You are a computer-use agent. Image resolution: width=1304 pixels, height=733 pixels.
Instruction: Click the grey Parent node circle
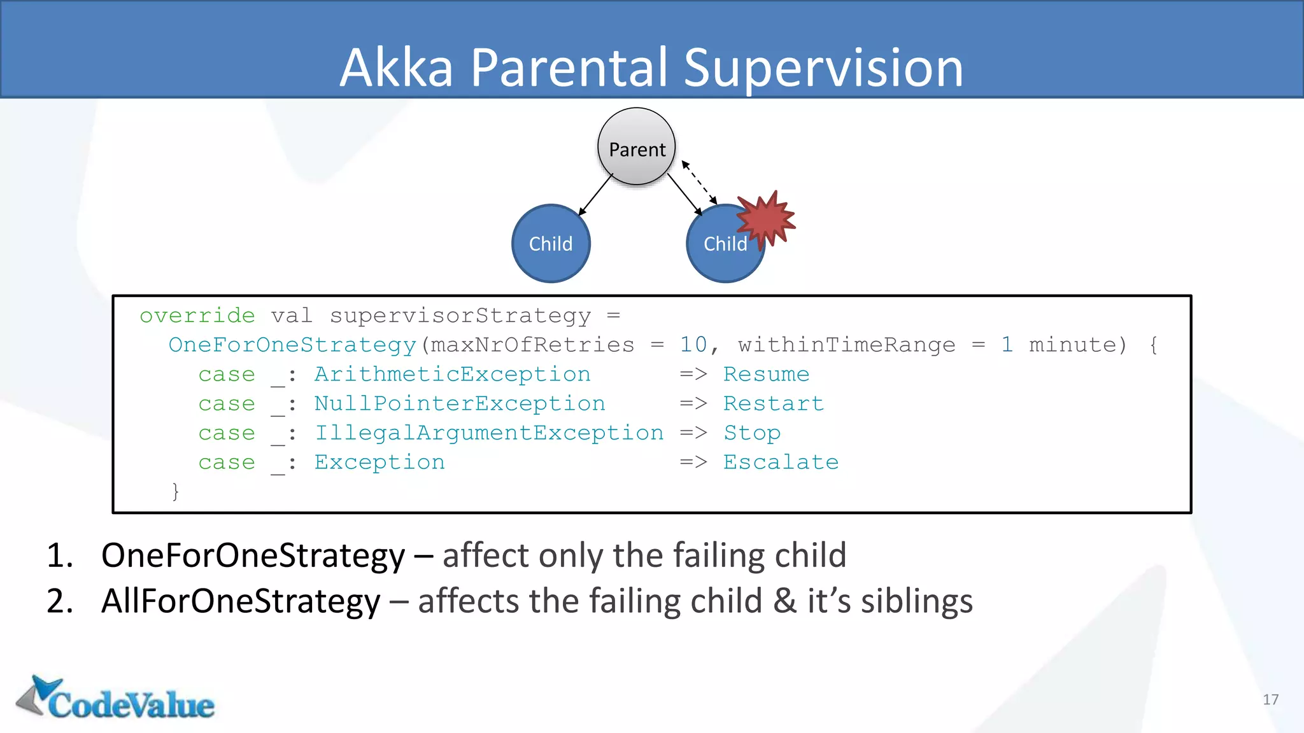(x=636, y=146)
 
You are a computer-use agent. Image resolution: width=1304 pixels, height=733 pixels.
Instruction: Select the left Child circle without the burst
(x=551, y=244)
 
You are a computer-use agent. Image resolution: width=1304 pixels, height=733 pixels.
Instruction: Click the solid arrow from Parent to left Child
(x=595, y=195)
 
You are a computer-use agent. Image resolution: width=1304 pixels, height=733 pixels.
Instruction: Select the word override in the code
(x=197, y=316)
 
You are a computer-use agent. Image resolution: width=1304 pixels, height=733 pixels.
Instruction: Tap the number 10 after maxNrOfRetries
(x=693, y=345)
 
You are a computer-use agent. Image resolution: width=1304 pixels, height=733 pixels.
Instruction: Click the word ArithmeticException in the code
(x=452, y=374)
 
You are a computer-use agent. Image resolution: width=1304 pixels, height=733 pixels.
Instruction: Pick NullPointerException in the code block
(x=459, y=403)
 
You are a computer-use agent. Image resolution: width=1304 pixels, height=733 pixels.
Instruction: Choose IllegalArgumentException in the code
(x=488, y=433)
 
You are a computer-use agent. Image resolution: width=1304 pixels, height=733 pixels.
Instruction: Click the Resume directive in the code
(x=766, y=374)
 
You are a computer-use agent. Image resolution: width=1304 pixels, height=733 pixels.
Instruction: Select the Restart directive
(x=773, y=403)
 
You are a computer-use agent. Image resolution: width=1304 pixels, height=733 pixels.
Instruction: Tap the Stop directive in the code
(x=751, y=433)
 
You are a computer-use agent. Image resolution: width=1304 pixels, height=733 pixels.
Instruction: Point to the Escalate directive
(x=781, y=462)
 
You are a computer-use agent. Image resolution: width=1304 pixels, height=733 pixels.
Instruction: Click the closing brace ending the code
(x=175, y=491)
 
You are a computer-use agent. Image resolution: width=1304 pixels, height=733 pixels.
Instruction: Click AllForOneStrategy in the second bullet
(x=241, y=601)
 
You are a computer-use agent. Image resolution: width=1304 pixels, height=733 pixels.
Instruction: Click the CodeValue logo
(x=116, y=699)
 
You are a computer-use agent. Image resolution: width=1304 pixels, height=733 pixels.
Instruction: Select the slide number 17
(x=1270, y=699)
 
